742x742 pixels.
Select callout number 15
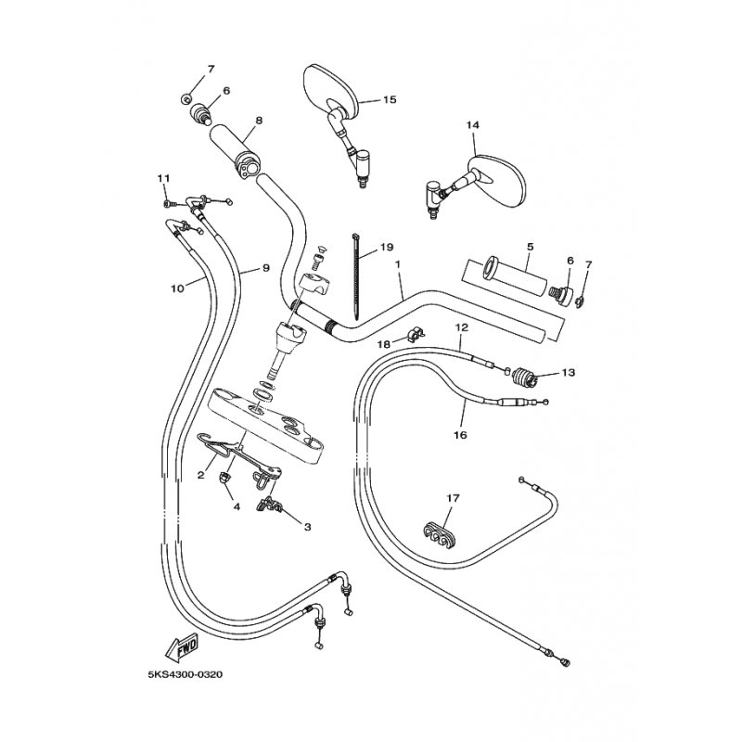point(390,100)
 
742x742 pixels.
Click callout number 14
point(472,125)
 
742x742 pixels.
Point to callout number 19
point(386,247)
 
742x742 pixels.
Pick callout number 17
point(453,498)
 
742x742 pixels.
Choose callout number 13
point(569,373)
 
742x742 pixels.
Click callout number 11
point(163,178)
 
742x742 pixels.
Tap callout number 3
point(308,527)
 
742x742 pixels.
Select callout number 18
point(384,344)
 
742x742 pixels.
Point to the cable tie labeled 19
point(356,275)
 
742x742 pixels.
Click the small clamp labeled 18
point(415,333)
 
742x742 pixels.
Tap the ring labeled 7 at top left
point(186,99)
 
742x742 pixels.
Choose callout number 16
point(460,435)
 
